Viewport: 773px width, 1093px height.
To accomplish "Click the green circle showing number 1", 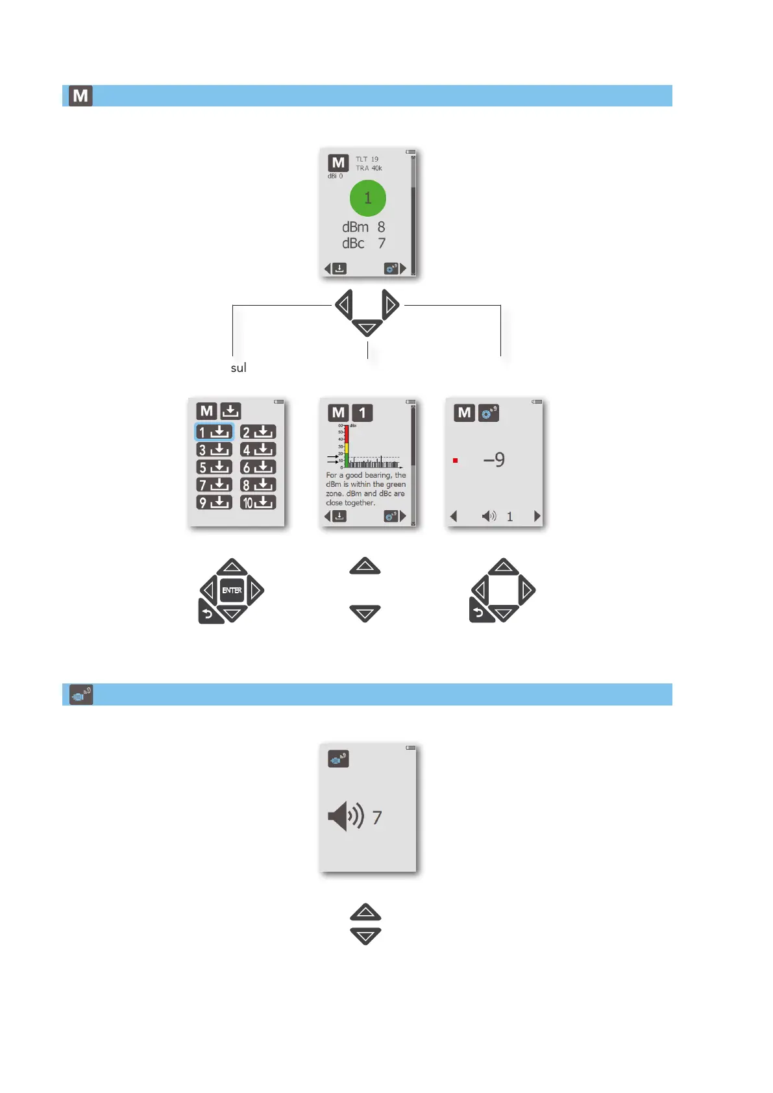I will click(x=367, y=198).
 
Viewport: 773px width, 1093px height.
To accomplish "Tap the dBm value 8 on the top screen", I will click(x=381, y=227).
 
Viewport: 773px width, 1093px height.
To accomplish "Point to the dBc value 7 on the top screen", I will click(x=382, y=243).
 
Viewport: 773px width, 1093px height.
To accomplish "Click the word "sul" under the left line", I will click(x=238, y=368).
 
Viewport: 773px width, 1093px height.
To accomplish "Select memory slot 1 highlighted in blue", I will click(x=214, y=432).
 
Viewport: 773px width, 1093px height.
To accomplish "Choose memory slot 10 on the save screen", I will click(x=258, y=502).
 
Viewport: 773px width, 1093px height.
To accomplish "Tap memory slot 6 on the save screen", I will click(x=258, y=467).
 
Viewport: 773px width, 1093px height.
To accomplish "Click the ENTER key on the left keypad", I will click(x=232, y=591).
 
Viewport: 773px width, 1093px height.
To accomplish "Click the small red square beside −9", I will click(x=456, y=461).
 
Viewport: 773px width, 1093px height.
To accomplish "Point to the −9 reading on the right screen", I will click(x=494, y=460).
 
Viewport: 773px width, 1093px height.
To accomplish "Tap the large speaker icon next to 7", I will click(x=345, y=817).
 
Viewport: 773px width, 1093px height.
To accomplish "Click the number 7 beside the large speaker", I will click(x=377, y=818).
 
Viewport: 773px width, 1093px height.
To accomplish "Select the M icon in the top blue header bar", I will click(x=80, y=96).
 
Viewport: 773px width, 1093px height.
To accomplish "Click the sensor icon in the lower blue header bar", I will click(x=81, y=695).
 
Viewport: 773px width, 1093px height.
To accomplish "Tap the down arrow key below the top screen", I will click(x=367, y=328).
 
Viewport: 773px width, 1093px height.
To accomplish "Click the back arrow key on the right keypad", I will click(x=480, y=612).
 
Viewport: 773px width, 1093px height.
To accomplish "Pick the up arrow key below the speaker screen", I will click(x=365, y=913).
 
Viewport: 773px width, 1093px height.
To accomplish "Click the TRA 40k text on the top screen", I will click(x=369, y=168).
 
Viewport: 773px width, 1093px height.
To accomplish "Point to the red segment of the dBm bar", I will click(x=347, y=434).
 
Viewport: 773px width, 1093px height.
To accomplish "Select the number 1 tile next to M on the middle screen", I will click(x=362, y=413).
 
